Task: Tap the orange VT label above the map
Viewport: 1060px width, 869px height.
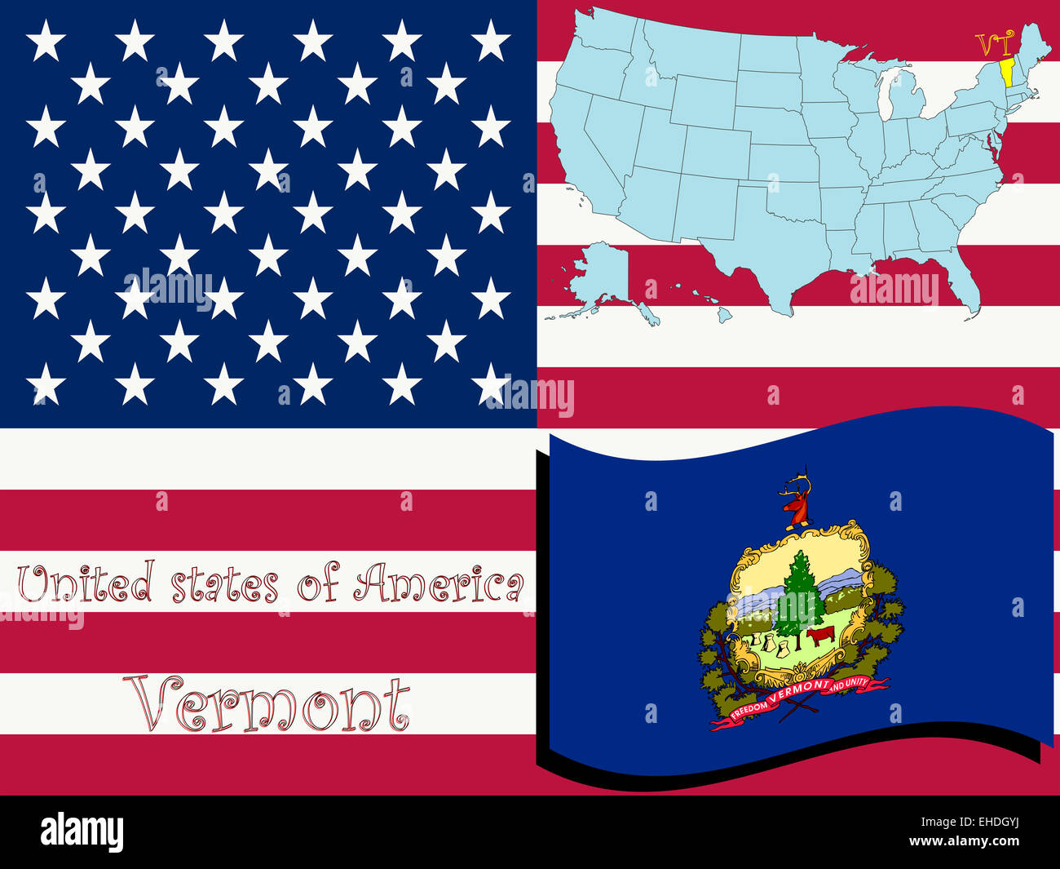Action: tap(993, 42)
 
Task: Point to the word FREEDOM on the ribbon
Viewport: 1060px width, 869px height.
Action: tap(749, 707)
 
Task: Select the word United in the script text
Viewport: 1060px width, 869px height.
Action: tap(86, 584)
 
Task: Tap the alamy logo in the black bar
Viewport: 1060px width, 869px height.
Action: tap(82, 832)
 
